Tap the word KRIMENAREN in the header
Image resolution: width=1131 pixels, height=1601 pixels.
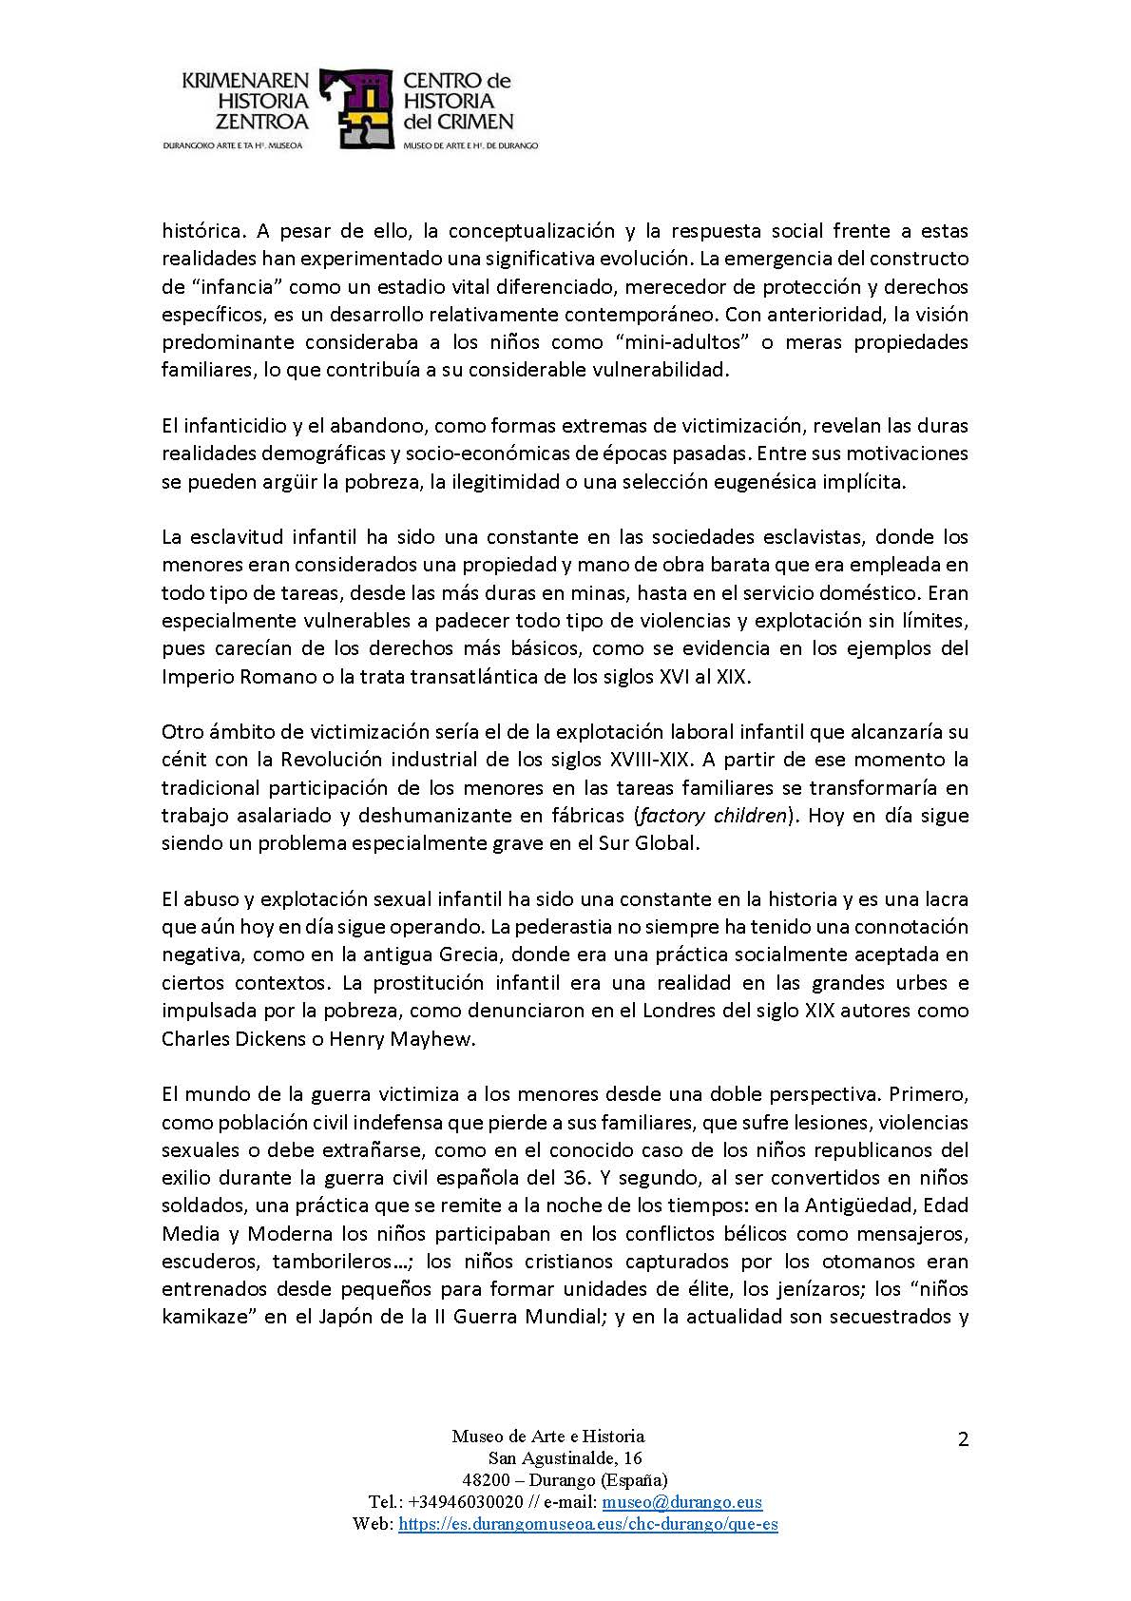(246, 82)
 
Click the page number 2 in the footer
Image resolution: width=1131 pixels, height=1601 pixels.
(963, 1439)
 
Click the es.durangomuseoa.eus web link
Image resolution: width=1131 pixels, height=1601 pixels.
(588, 1524)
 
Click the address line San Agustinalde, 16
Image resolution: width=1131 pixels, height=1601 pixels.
(565, 1458)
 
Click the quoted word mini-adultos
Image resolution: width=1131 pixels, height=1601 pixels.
(684, 341)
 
